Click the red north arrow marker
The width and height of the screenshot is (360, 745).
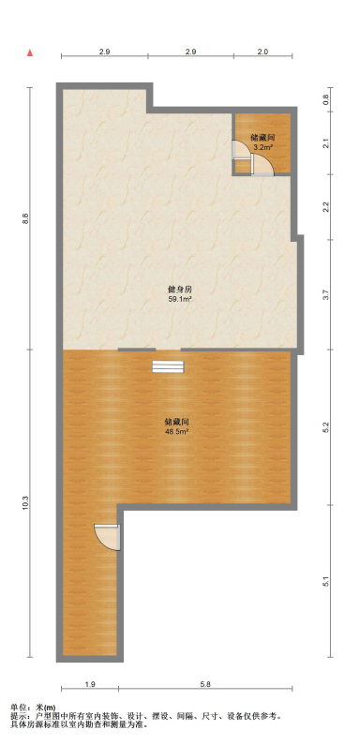tap(31, 52)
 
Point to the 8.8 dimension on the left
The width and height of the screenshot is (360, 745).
tap(28, 218)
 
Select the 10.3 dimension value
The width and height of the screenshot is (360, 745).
tap(28, 503)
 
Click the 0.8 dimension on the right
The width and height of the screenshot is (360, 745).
tap(326, 98)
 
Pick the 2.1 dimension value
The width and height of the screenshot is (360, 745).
tap(326, 143)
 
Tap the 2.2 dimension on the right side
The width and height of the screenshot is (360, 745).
tap(326, 206)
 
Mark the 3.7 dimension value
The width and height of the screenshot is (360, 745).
tap(326, 294)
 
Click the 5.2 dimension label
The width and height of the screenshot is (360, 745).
tap(326, 427)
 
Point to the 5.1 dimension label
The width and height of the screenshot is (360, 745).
tap(326, 581)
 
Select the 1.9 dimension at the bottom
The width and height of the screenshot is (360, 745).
tap(89, 685)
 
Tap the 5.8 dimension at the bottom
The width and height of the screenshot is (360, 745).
tap(205, 685)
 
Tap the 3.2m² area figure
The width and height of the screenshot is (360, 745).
tap(263, 147)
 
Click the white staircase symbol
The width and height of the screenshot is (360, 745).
tap(167, 366)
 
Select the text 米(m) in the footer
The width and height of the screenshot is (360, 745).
tap(45, 708)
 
